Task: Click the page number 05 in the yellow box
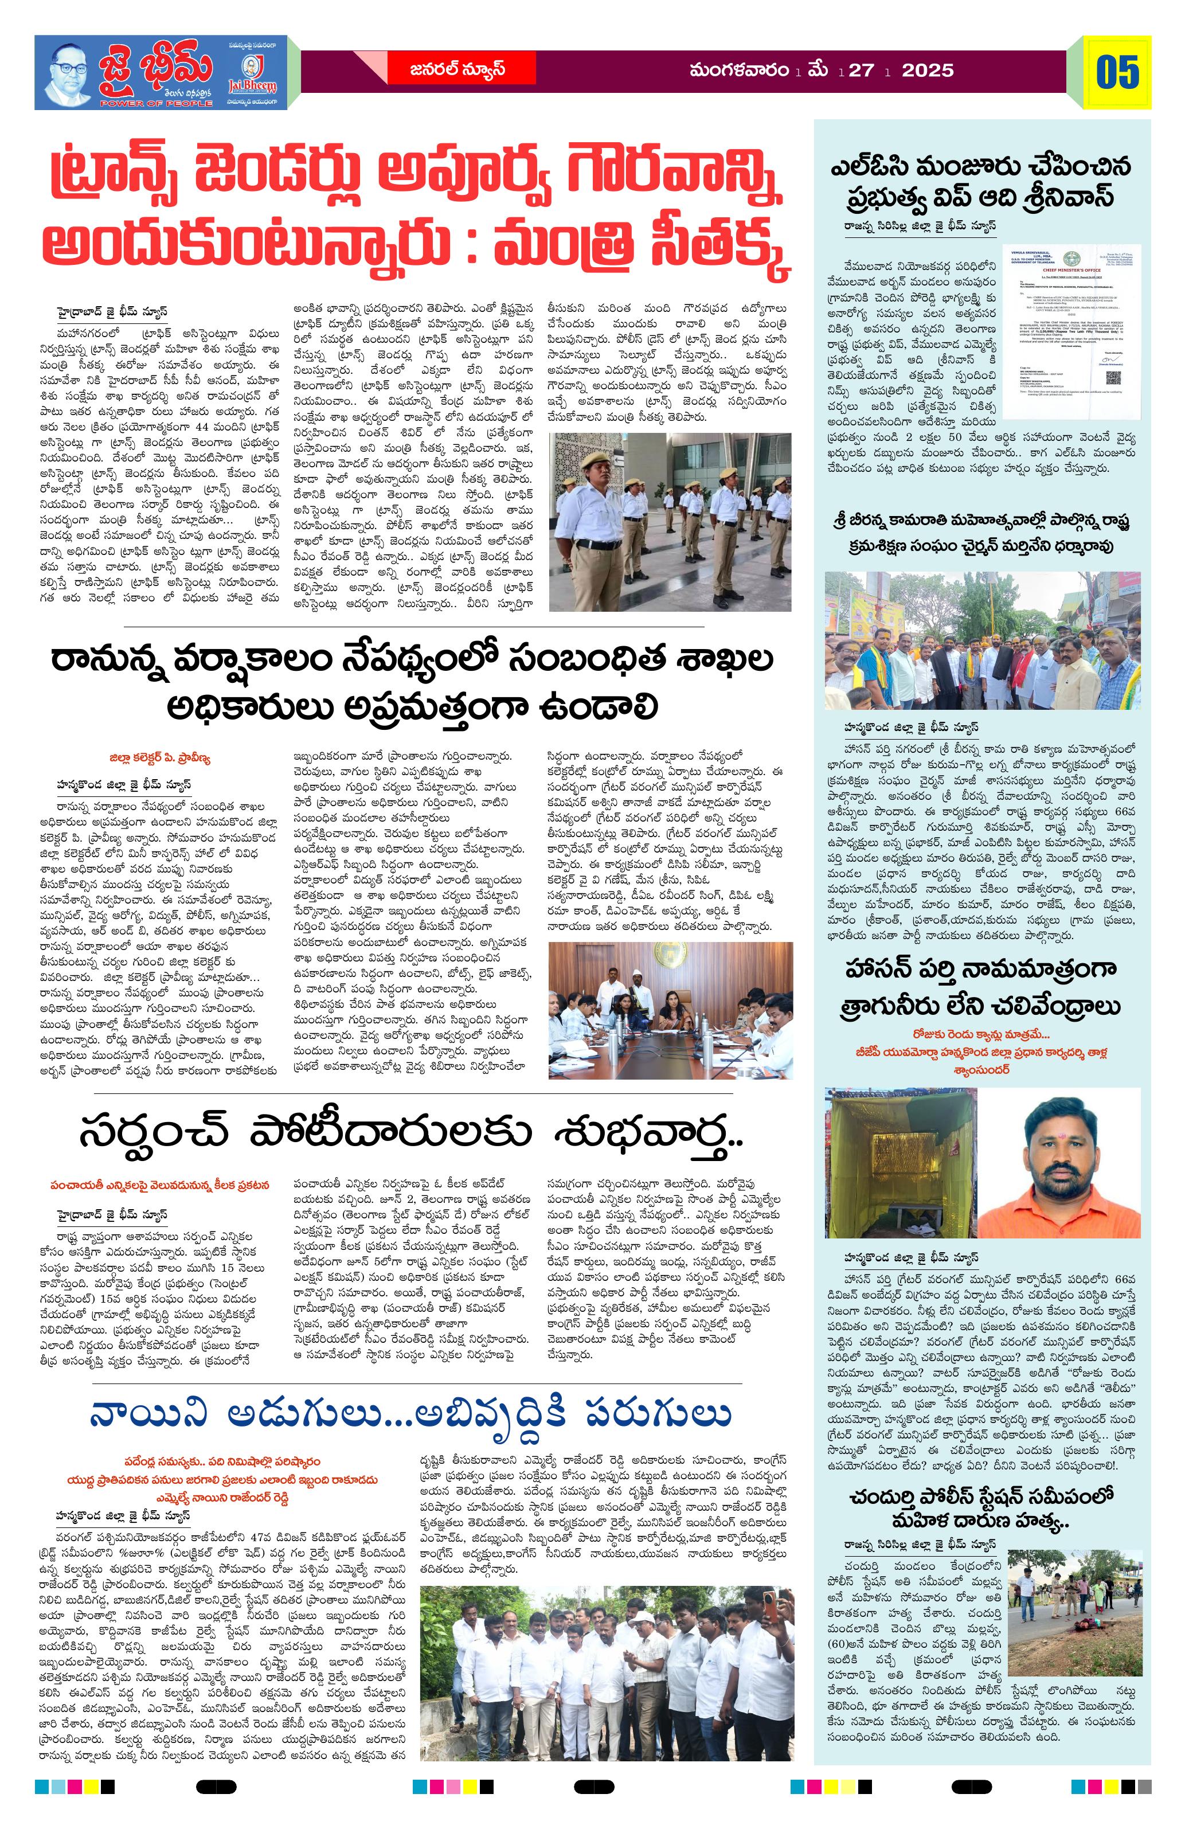click(1117, 72)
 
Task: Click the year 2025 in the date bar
click(928, 71)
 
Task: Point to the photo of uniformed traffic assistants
click(670, 522)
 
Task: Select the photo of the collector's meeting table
click(670, 1009)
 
